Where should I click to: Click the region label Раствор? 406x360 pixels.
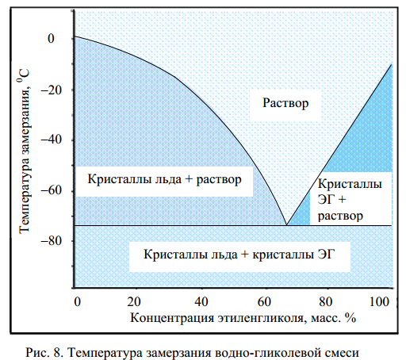285,103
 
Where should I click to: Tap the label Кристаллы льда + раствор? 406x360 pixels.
164,179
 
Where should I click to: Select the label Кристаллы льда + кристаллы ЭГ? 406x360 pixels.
239,255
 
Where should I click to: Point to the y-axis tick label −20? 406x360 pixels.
51,90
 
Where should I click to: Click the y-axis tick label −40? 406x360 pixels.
51,140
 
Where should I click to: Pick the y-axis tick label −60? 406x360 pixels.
51,190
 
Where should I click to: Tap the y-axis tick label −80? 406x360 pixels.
51,241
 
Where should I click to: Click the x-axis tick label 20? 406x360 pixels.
134,301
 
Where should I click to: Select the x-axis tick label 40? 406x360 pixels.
201,301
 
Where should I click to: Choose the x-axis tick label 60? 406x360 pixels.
264,301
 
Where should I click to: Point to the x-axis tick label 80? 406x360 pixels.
325,301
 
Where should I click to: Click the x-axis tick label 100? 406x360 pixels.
379,301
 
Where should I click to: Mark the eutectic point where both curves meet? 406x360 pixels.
286,225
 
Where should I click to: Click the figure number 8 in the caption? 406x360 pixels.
57,352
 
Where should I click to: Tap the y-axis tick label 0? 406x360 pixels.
51,39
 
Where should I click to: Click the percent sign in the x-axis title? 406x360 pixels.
350,318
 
